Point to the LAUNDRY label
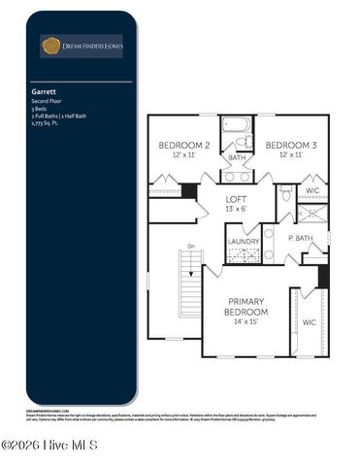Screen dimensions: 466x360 point(243,241)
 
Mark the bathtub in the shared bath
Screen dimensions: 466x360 point(236,125)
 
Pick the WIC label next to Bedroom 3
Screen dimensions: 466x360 point(311,191)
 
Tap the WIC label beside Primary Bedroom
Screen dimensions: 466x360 point(309,321)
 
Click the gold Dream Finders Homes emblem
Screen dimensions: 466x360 point(50,45)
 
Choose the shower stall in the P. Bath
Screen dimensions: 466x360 point(311,213)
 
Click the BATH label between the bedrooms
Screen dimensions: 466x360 point(237,156)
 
